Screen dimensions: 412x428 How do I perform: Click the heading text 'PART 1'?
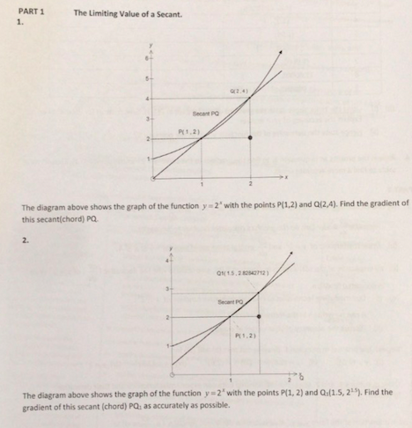pos(31,13)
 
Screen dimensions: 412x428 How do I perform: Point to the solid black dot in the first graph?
pos(251,138)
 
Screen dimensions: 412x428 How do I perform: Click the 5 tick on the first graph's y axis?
pos(147,77)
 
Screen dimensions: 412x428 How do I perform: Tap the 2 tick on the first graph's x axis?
pos(251,184)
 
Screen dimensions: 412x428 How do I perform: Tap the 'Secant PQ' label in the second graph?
pos(231,302)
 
